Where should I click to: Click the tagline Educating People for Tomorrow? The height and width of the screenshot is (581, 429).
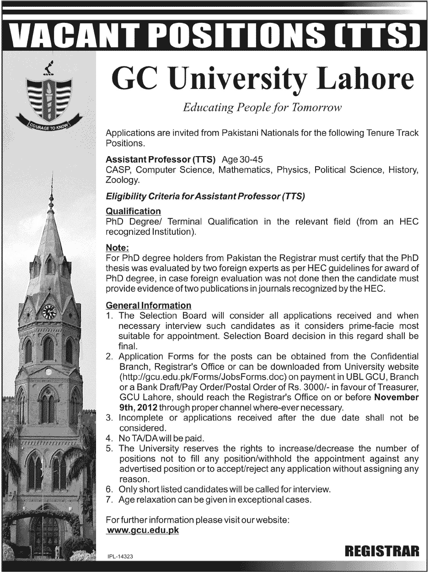point(262,108)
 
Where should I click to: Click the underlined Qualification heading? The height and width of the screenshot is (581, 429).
point(133,211)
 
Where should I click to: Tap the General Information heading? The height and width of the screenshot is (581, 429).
point(149,305)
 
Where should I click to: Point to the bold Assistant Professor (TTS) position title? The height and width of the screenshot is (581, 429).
point(161,160)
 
